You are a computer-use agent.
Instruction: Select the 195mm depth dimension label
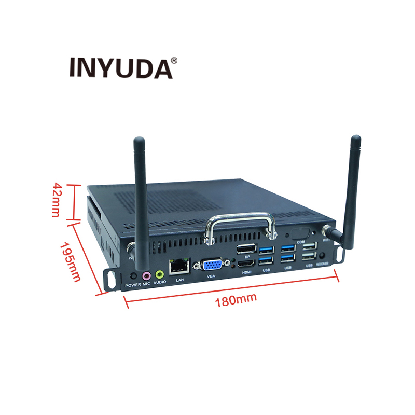click(x=71, y=261)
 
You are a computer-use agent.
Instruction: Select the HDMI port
click(x=245, y=266)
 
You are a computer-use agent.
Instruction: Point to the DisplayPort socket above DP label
click(x=246, y=248)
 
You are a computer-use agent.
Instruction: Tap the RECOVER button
click(x=323, y=256)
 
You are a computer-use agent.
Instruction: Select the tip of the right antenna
click(x=355, y=139)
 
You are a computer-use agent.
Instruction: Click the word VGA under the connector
click(x=211, y=277)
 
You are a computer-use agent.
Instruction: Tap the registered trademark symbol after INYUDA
click(x=174, y=60)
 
